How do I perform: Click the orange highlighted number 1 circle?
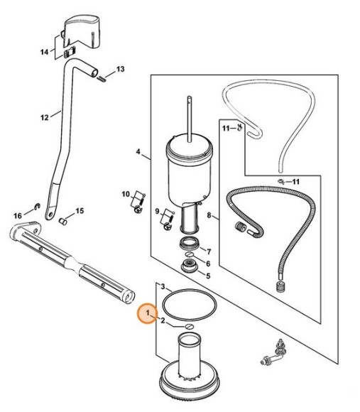point(148,313)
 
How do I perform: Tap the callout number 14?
point(44,52)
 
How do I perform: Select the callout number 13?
point(120,70)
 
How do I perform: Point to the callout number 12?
point(44,117)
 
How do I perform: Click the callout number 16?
point(18,216)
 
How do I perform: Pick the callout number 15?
point(80,211)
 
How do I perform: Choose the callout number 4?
point(138,152)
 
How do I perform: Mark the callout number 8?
point(209,215)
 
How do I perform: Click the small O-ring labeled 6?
point(190,254)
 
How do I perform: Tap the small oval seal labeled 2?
point(189,326)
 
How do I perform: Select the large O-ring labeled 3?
point(190,305)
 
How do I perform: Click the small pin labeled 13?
point(102,79)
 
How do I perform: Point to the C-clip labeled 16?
point(38,206)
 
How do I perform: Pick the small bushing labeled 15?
point(63,221)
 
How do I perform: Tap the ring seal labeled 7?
point(190,243)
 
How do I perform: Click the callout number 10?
point(126,194)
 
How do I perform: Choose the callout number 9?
point(157,211)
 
